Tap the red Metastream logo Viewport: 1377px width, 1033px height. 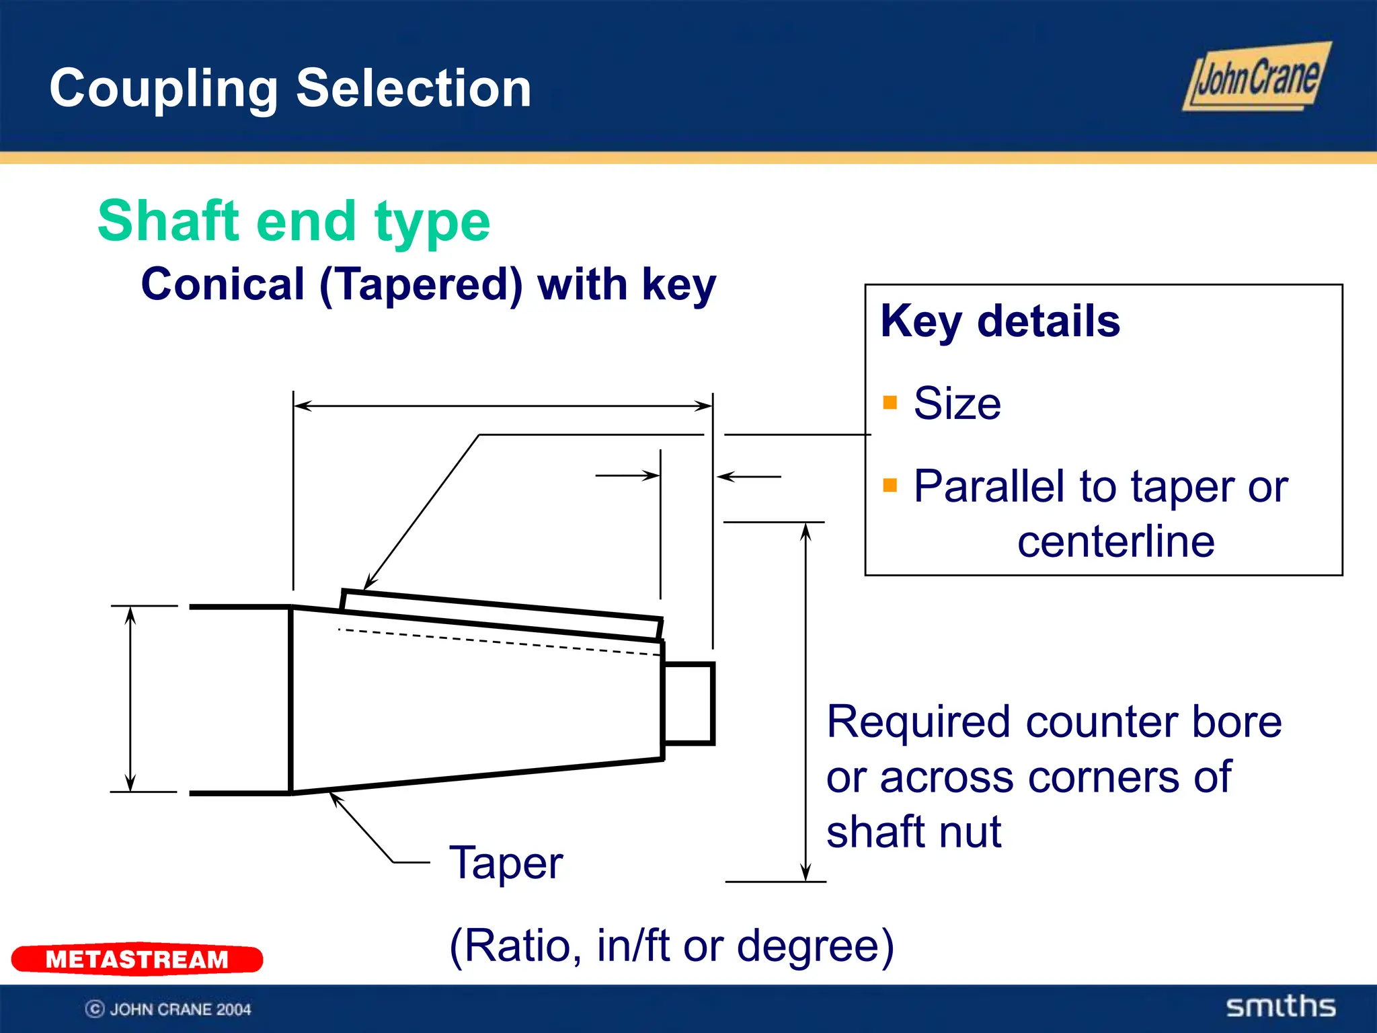pos(137,958)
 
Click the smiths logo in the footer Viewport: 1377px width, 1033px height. pos(1280,1007)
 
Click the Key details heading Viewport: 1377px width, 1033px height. pos(1000,321)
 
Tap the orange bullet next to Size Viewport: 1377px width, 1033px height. pos(890,403)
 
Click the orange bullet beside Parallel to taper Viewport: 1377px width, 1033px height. pos(890,486)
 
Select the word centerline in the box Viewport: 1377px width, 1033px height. pos(1115,541)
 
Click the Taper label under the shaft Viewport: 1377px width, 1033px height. pos(506,863)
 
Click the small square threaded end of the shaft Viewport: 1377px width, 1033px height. pos(688,703)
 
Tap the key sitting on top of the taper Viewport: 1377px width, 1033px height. pos(501,613)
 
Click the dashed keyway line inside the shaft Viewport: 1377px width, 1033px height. pos(498,642)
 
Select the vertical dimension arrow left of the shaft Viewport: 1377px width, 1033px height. pos(130,699)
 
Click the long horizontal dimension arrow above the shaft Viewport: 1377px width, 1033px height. pos(503,406)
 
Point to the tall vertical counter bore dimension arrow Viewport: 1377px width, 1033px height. pos(805,701)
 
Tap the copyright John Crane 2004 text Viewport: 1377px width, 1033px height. pos(168,1009)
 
